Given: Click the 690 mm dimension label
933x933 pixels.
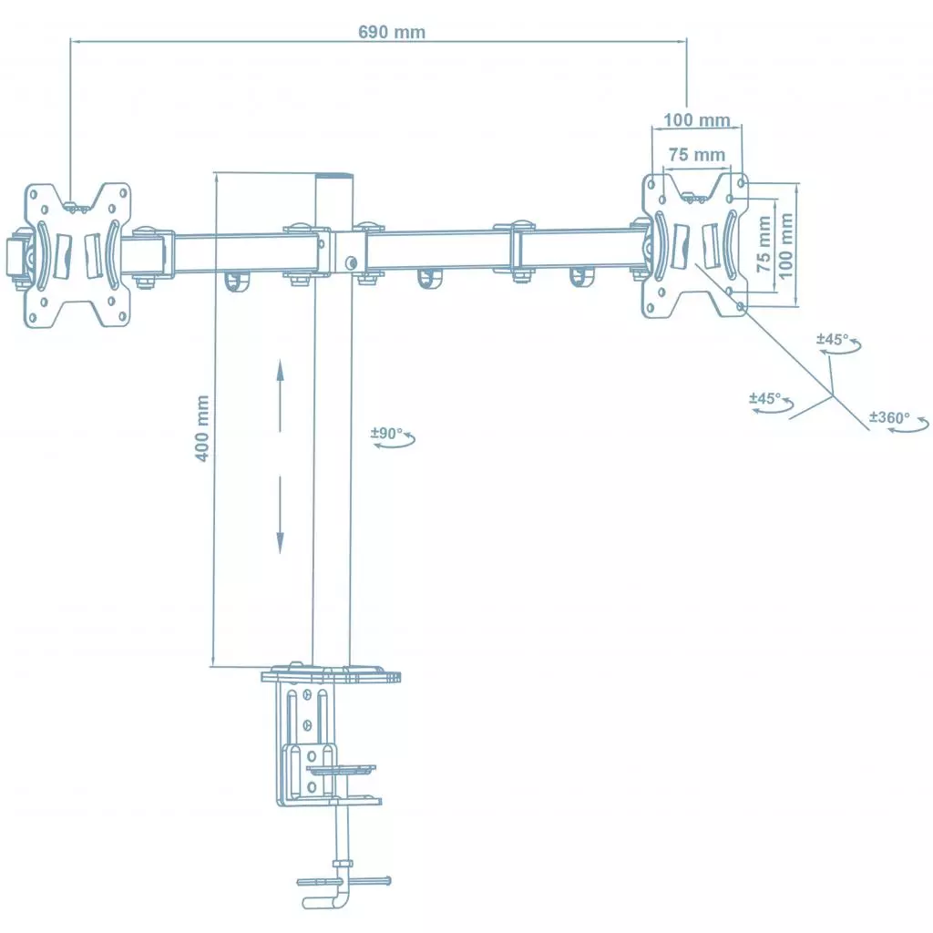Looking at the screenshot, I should point(391,32).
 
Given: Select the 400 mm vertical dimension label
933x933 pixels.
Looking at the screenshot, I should point(203,427).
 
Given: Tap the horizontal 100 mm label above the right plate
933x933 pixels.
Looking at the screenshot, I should point(696,120).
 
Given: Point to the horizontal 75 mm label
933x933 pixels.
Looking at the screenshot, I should point(696,155).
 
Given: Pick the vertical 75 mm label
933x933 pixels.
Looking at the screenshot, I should point(764,244).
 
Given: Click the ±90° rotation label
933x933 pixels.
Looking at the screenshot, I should point(387,434).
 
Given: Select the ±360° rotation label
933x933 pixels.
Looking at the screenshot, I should point(889,417).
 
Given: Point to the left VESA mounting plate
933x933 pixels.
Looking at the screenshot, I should point(77,255).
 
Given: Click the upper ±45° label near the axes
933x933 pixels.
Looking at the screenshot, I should point(832,339).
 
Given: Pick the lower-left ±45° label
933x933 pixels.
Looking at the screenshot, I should point(765,398).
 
